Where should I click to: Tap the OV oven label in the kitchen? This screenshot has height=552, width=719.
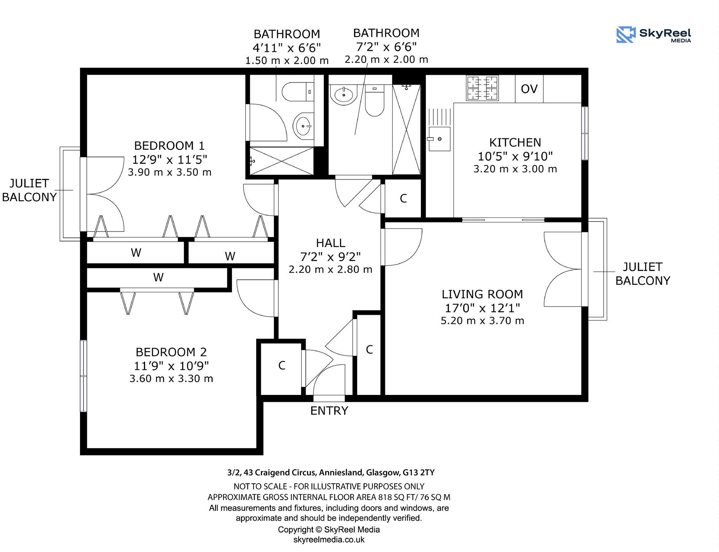(x=529, y=89)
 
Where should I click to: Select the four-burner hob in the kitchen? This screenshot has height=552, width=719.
(x=483, y=88)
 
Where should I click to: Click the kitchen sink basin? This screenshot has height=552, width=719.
(x=439, y=139)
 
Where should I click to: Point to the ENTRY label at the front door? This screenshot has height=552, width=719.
(x=329, y=411)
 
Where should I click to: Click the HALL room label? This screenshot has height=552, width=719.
(x=331, y=243)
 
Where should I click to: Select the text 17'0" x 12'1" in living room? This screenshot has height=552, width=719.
(x=482, y=308)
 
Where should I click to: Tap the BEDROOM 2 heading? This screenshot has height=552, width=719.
(x=171, y=352)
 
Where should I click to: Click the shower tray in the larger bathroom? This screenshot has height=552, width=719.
(x=406, y=130)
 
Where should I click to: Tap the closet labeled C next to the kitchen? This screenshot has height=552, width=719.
(x=403, y=199)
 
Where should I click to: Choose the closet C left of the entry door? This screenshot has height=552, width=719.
(x=281, y=366)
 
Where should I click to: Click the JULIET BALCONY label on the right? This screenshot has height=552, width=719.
(x=642, y=274)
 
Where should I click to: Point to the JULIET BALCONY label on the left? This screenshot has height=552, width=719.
(x=29, y=190)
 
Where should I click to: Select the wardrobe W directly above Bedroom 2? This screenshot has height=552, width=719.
(x=158, y=278)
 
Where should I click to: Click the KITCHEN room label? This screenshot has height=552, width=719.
(x=515, y=143)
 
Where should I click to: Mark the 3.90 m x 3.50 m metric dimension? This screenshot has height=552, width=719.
(x=169, y=172)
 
